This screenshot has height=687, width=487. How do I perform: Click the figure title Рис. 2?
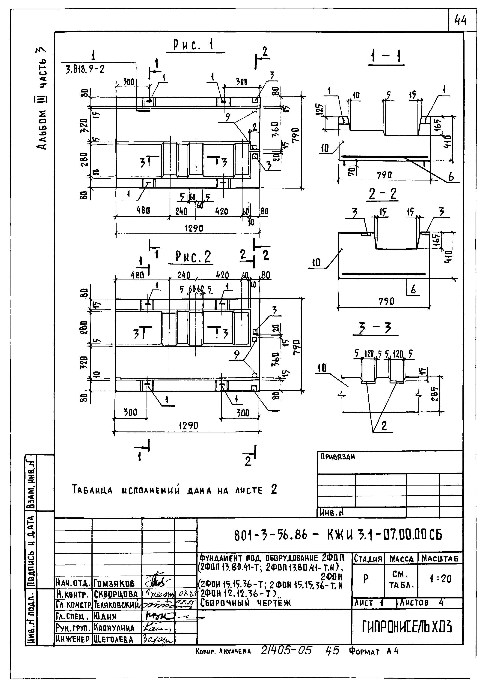point(193,257)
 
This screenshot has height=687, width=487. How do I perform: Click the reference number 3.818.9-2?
point(85,70)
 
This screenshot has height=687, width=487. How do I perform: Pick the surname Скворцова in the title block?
point(116,594)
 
